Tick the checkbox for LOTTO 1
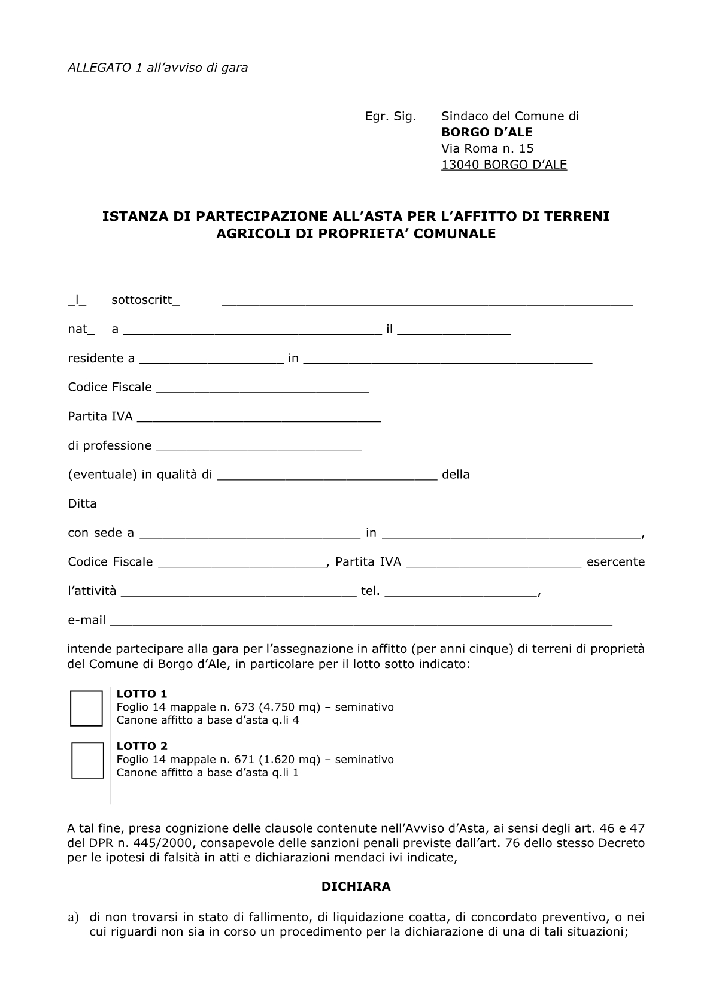click(87, 708)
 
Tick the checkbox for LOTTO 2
click(87, 760)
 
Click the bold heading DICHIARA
click(356, 886)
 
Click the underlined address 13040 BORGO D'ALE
click(504, 165)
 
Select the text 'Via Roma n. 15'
click(487, 148)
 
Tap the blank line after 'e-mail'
click(362, 621)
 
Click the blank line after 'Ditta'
click(234, 504)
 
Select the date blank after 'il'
click(454, 330)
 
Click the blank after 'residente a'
click(211, 359)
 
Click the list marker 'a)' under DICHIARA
click(74, 917)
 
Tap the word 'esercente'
click(615, 562)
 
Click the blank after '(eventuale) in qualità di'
click(327, 475)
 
